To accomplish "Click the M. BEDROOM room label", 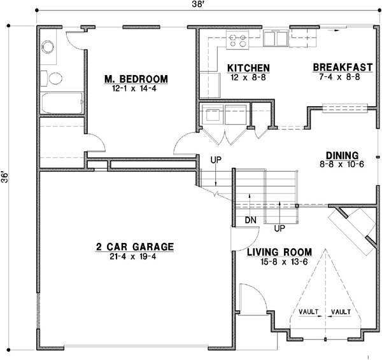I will coord(136,79).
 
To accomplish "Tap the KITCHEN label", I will coord(249,68).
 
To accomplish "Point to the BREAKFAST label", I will coord(342,67).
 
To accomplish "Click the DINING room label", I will coord(342,155).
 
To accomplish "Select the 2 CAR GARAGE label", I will coord(135,247).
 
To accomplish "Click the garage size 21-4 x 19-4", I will coord(135,256).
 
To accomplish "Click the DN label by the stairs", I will coord(250,220).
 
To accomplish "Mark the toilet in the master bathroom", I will coord(53,78).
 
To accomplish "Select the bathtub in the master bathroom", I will coord(61,103).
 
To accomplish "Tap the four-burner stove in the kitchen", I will coord(238,41).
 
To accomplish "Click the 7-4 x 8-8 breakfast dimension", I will coord(342,76).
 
